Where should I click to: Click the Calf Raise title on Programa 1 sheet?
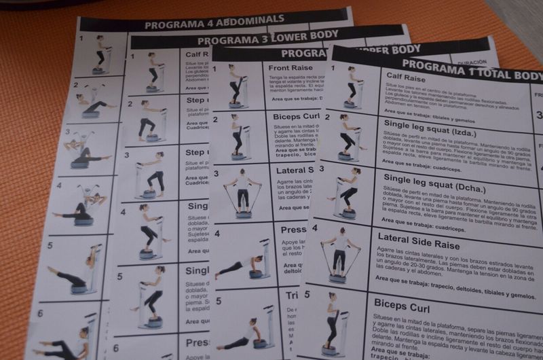pos(406,79)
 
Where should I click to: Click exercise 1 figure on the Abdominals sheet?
pos(100,54)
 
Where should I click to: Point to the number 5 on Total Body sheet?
pos(307,295)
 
